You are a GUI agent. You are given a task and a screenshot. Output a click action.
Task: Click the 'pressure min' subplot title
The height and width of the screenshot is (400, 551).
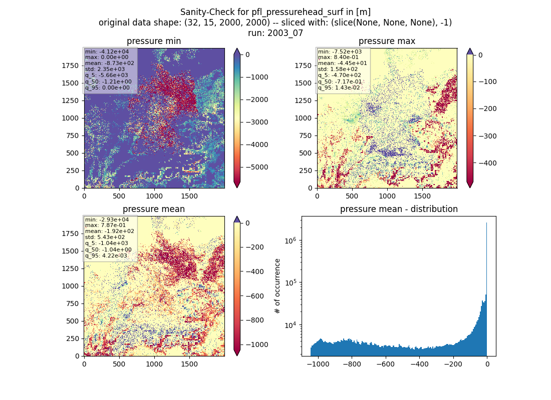point(154,41)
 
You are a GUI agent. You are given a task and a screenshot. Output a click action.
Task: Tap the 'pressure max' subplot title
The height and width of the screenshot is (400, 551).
point(387,41)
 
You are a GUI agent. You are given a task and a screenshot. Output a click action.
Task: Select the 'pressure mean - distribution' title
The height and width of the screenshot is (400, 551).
point(399,209)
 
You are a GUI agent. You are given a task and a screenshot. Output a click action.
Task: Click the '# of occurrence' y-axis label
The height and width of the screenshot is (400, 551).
point(278,286)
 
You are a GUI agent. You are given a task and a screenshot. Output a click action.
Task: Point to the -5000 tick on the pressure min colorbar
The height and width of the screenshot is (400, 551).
point(254,167)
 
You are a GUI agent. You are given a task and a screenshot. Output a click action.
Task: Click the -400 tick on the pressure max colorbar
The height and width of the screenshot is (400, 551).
point(485,163)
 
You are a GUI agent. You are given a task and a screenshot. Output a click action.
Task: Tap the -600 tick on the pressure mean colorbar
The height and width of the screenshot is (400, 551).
point(252,296)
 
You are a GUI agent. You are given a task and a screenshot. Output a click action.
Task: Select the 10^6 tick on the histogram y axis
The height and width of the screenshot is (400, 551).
point(291,240)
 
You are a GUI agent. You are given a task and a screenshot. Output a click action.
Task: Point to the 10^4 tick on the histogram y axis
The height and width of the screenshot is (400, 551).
point(291,325)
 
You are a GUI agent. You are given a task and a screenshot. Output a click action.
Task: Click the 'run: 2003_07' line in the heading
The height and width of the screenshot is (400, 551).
point(275,33)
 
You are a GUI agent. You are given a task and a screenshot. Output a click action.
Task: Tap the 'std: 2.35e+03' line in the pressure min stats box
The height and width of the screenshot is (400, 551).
point(105,69)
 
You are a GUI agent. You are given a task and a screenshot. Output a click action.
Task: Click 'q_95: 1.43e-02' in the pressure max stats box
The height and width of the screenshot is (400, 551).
point(339,87)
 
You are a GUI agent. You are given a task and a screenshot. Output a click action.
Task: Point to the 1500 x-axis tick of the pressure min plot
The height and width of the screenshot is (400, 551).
point(189,196)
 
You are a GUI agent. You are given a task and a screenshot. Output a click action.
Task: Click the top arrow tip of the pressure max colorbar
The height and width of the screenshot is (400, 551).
point(470,49)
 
